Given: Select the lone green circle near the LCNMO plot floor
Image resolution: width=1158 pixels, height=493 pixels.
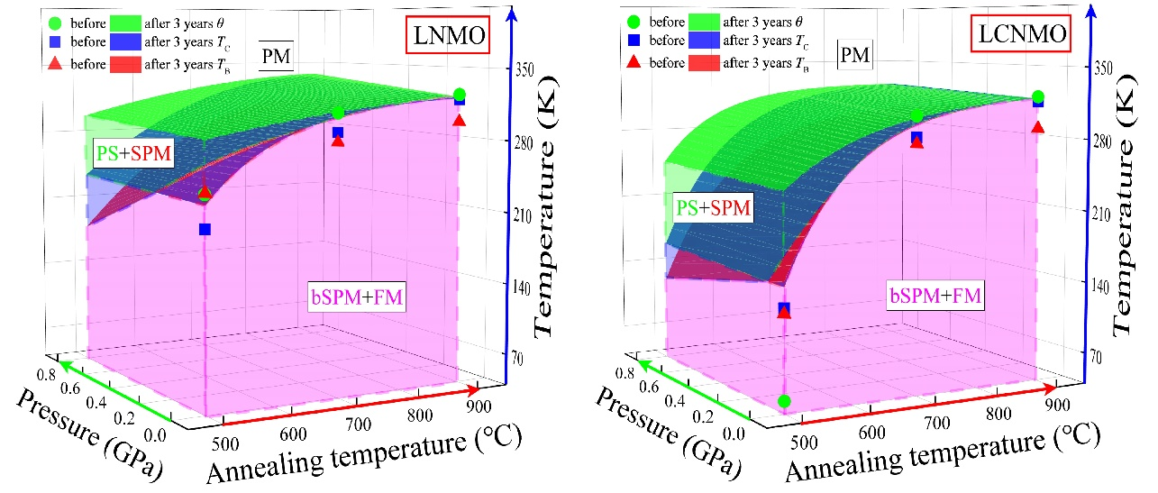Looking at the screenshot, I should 784,401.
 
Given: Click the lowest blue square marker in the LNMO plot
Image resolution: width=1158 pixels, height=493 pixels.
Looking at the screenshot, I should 205,230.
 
